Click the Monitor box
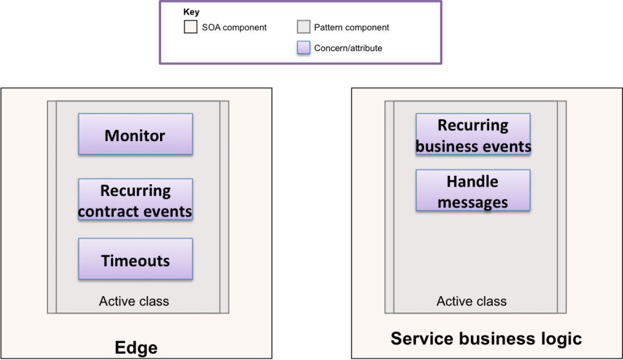(x=135, y=134)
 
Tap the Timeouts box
(x=135, y=260)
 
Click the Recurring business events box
(x=473, y=135)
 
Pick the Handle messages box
(x=473, y=191)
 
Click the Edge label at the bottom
(x=136, y=348)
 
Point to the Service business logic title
(x=486, y=338)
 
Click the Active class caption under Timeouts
(x=134, y=301)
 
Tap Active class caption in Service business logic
(x=472, y=301)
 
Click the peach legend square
(x=190, y=27)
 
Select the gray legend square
(x=304, y=27)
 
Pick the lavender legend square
(x=304, y=47)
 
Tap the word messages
(x=473, y=202)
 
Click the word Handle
(x=473, y=181)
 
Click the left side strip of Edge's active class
(x=52, y=207)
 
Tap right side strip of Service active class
(x=562, y=207)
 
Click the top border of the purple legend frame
(x=300, y=2)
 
